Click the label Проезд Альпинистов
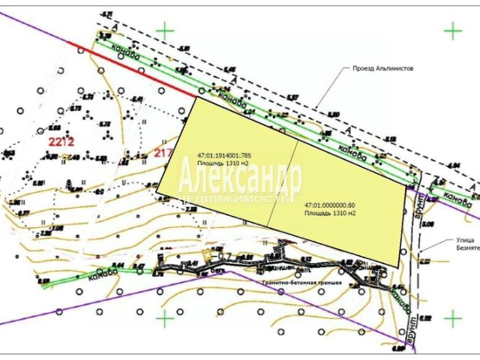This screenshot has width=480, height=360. [x=382, y=68]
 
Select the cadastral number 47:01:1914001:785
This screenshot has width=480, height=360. [x=223, y=154]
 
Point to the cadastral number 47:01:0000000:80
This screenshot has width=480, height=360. [x=330, y=205]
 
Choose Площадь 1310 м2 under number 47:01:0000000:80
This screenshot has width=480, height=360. [x=330, y=213]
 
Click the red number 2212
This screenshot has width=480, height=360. [x=60, y=141]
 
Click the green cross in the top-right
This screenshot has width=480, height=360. [x=452, y=31]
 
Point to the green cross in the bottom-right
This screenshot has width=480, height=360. [x=452, y=318]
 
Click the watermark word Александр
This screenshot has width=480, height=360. [x=240, y=177]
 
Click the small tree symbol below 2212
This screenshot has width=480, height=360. [x=70, y=184]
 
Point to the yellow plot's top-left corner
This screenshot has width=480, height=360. [x=196, y=97]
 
